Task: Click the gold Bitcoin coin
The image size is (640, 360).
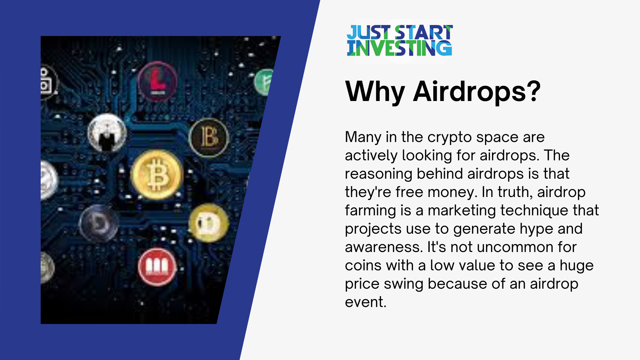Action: [x=157, y=175]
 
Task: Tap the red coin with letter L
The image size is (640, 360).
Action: [x=158, y=81]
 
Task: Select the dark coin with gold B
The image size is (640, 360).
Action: [x=209, y=137]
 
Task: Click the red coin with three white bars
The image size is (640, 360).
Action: [x=157, y=267]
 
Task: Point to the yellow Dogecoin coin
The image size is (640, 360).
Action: [x=209, y=223]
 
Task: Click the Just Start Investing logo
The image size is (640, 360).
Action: [x=399, y=41]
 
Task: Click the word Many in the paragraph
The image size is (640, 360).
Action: [x=363, y=137]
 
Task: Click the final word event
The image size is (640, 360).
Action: [x=365, y=302]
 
